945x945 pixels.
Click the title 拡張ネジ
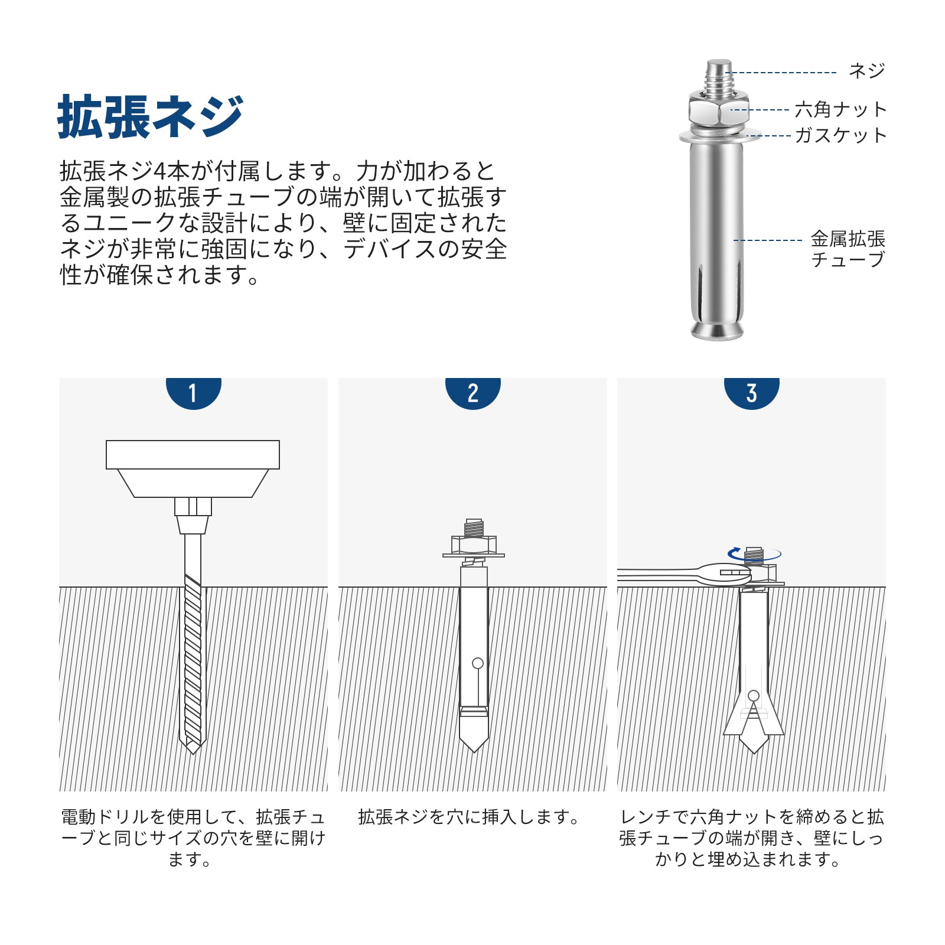coord(151,116)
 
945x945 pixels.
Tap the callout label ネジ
coord(867,71)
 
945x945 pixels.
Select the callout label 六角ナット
coord(840,109)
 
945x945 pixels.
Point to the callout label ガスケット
coord(840,135)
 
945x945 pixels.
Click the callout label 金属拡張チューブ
coord(848,249)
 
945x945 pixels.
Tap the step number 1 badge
coord(193,392)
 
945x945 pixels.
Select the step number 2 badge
coord(472,392)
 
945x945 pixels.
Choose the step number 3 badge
coord(752,392)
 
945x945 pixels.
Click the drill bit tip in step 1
coord(193,748)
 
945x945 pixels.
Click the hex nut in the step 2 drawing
coord(474,544)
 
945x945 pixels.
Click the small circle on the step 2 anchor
coord(478,663)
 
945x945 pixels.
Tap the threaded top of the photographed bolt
coord(719,76)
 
